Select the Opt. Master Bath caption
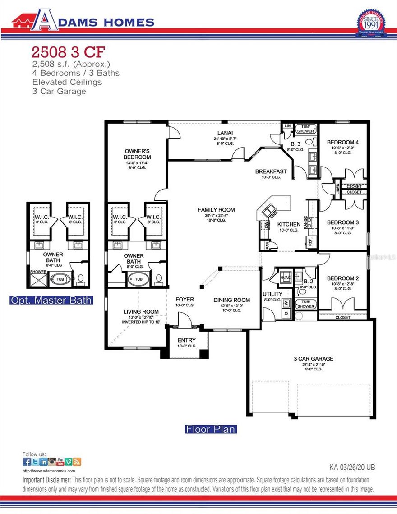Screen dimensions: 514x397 51,300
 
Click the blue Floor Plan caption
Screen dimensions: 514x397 211,429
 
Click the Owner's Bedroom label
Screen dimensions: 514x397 138,153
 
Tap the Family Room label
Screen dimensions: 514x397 216,210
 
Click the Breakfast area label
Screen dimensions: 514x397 271,171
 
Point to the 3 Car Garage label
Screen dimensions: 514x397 313,359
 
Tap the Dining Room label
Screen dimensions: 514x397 231,300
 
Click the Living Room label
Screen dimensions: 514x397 141,312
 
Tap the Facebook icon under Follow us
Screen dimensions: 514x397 27,462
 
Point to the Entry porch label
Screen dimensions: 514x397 187,340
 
